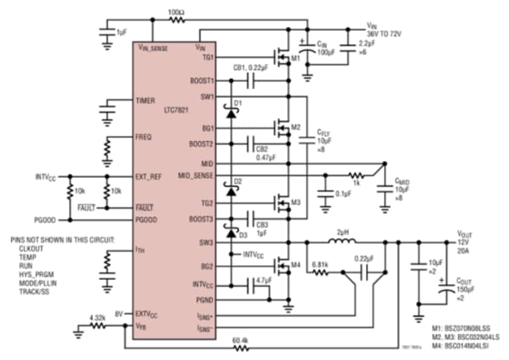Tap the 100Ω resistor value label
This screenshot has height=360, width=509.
pos(175,12)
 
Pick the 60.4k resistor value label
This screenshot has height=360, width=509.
pos(240,340)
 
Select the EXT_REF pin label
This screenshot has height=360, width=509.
pos(149,176)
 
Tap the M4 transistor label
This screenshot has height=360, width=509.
pos(295,266)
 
